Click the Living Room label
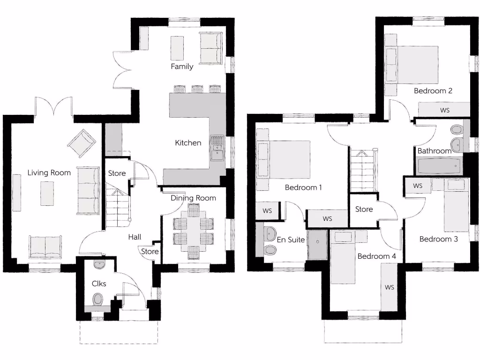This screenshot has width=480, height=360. click(x=49, y=172)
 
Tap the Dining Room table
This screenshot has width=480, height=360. click(x=194, y=232)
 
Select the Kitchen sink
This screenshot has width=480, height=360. click(x=217, y=149)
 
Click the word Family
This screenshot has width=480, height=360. click(x=182, y=67)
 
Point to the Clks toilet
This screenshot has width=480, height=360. click(x=98, y=299)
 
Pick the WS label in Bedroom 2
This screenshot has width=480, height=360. click(x=445, y=110)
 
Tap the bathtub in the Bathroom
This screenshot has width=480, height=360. click(x=439, y=165)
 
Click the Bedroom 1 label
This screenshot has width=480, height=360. click(x=303, y=187)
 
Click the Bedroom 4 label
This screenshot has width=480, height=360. click(x=377, y=256)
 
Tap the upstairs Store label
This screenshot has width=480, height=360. click(x=364, y=209)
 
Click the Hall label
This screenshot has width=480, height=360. click(x=135, y=237)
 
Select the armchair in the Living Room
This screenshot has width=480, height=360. click(x=82, y=142)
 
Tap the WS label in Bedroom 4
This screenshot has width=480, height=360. click(x=389, y=287)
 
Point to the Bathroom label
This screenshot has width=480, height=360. click(x=434, y=151)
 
